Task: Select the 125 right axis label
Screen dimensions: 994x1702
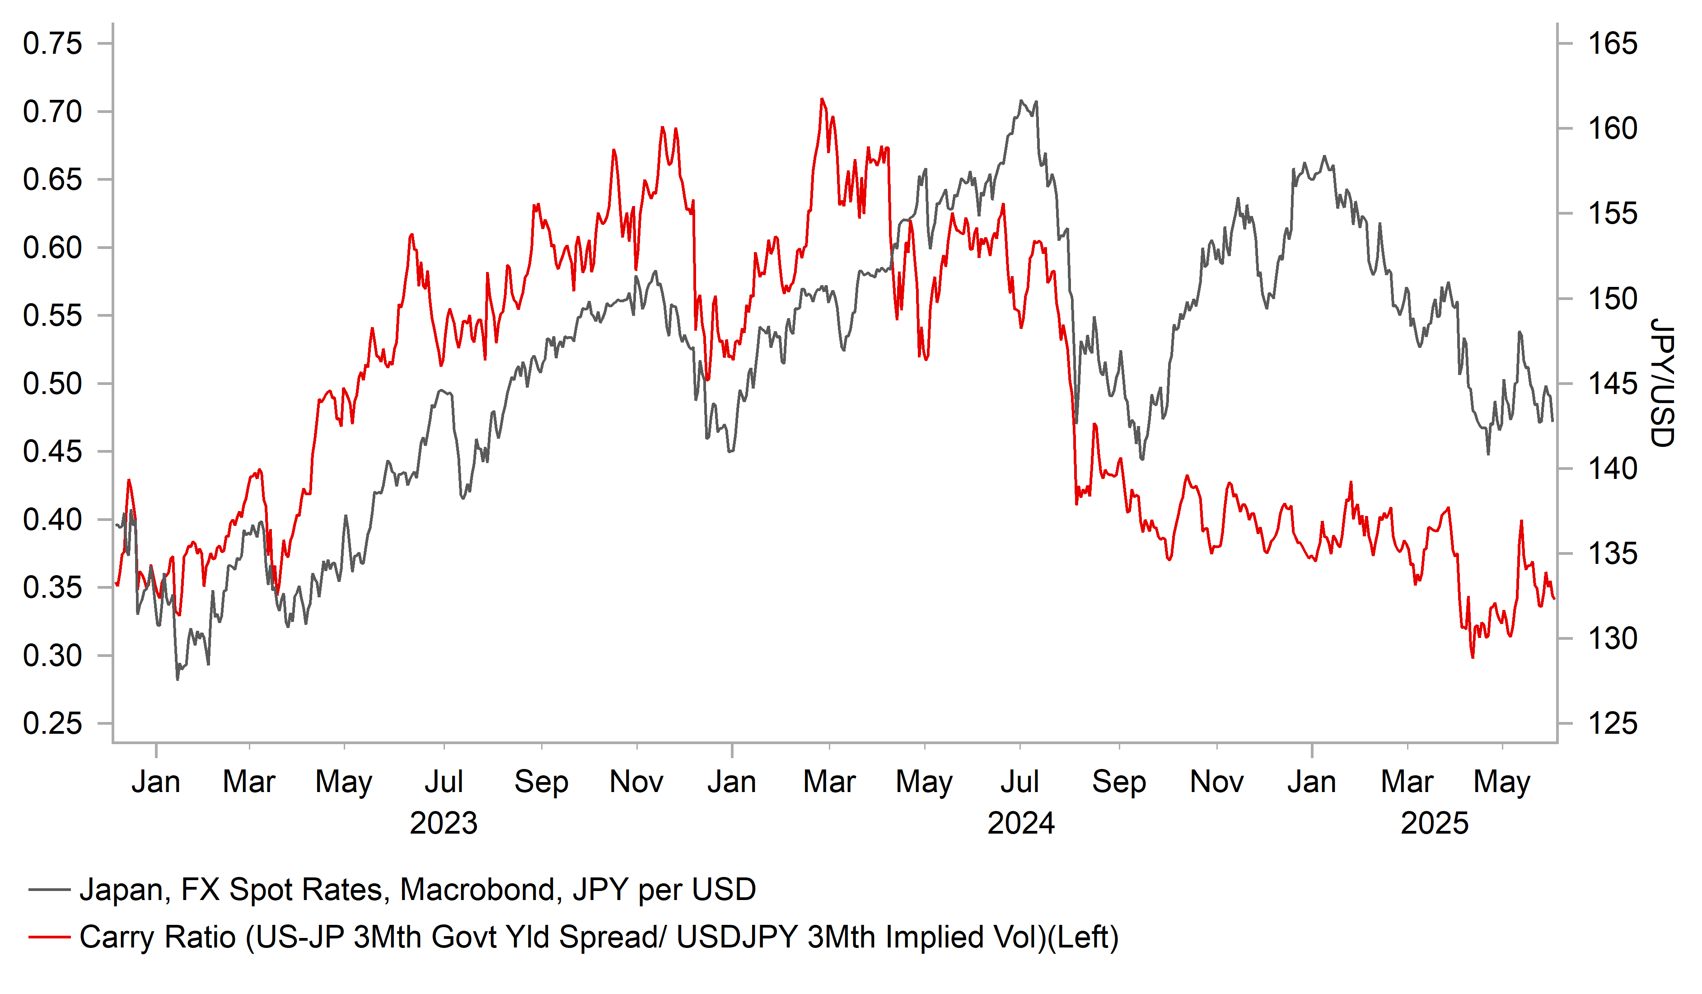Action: [x=1612, y=724]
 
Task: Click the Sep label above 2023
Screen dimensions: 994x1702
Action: [x=541, y=782]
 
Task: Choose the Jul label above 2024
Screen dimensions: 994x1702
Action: [x=1019, y=782]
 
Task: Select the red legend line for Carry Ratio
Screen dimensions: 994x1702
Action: [x=49, y=937]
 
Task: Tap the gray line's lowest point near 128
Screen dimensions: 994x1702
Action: [x=178, y=679]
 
